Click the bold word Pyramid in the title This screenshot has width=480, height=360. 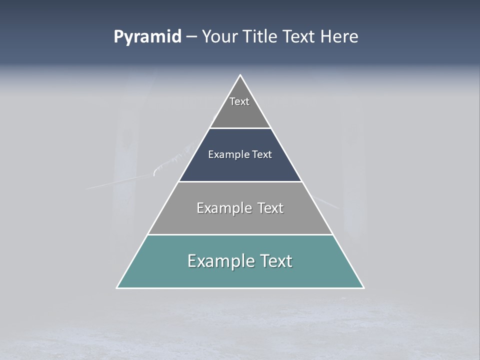point(147,37)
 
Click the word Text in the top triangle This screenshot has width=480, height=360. point(239,101)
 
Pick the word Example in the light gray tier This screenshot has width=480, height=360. point(222,208)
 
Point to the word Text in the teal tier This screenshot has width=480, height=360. point(275,261)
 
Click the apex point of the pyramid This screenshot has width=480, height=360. point(240,75)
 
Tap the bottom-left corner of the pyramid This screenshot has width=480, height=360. point(117,287)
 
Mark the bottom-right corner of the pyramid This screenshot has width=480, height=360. point(363,287)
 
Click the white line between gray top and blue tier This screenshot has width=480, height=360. point(240,128)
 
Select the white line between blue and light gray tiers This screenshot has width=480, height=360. point(240,181)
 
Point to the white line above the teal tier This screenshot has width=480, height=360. point(240,234)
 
